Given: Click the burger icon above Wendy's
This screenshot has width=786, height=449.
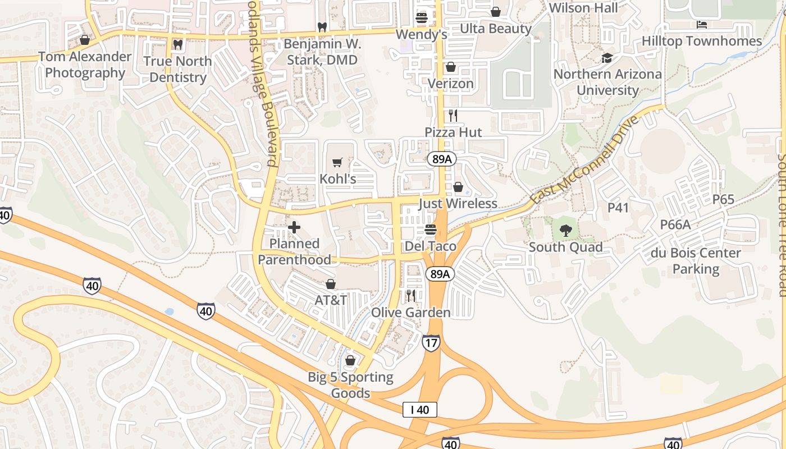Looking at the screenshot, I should [x=422, y=18].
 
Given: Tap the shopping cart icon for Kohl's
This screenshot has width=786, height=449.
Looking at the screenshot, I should [x=337, y=163].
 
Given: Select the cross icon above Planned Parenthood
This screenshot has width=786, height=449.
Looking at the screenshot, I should [x=294, y=227].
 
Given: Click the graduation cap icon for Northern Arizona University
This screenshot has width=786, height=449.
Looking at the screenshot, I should [x=607, y=58].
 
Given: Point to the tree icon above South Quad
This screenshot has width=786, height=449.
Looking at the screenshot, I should [x=565, y=230].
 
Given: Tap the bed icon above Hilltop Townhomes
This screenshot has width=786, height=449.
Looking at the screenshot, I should [x=702, y=24].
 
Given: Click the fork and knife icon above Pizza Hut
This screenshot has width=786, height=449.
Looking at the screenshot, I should [x=453, y=116].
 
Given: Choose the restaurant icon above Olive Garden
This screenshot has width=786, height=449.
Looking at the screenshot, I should [x=411, y=296].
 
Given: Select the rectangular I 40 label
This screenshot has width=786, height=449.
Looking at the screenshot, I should [x=419, y=410].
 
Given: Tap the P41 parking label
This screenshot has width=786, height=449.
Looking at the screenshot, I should [x=618, y=208].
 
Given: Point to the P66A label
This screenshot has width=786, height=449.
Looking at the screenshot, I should [x=675, y=224].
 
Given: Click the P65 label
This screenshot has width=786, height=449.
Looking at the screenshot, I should [x=723, y=200].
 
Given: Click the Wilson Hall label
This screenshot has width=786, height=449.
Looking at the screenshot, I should [x=583, y=8].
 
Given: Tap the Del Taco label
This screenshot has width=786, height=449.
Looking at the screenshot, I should [x=431, y=246].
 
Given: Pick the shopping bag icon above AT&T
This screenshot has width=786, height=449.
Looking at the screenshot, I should [x=331, y=284].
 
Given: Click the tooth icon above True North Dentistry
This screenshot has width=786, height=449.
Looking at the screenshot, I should [x=177, y=44].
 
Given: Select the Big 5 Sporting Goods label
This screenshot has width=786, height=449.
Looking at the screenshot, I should [x=350, y=384].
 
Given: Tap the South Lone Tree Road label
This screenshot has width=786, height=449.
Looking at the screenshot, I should [x=781, y=224].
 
